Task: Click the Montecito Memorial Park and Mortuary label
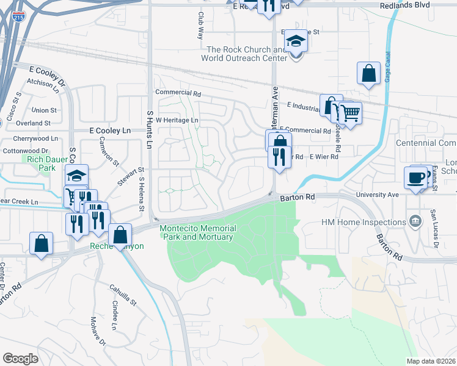(x=196, y=232)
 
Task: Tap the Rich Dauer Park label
(x=42, y=163)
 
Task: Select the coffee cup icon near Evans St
(x=415, y=178)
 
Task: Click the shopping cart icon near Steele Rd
(x=349, y=113)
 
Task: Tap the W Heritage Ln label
(x=177, y=120)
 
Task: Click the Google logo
(x=20, y=359)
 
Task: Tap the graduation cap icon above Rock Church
(x=296, y=41)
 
